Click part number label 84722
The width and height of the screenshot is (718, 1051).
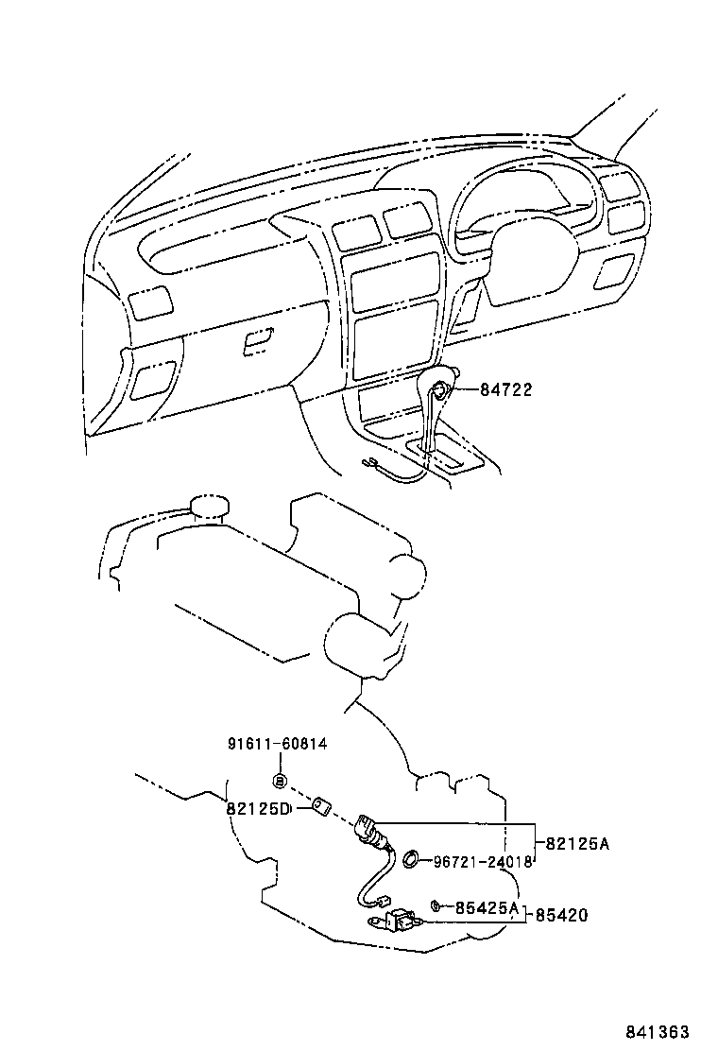pos(505,389)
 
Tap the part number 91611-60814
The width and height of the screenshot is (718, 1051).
pos(277,744)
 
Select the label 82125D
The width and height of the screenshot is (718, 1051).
pos(256,808)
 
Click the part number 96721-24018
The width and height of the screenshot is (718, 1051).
pos(484,861)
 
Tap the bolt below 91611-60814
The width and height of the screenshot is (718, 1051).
pos(280,780)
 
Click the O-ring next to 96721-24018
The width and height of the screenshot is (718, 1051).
pos(413,859)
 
